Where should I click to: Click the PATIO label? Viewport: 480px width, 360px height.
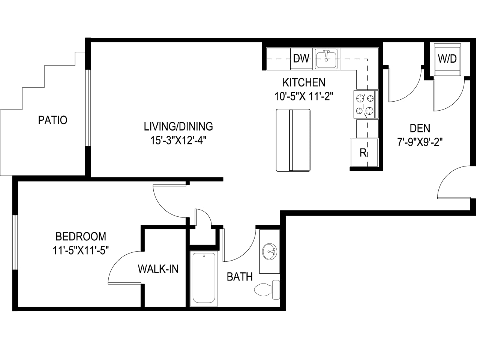[52, 120]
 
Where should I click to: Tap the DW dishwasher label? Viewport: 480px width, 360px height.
[301, 58]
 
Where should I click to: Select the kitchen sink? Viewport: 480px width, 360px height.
[326, 58]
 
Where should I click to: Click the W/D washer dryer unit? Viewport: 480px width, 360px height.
[447, 60]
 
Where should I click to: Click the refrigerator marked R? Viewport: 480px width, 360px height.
[364, 153]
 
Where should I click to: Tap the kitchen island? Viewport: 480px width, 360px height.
[293, 140]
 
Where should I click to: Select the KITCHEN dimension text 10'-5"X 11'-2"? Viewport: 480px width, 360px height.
[304, 96]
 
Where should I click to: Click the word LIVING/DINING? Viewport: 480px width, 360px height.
[178, 126]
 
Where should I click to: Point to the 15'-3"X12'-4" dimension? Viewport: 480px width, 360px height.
[178, 140]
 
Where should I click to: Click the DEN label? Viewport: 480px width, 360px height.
[420, 128]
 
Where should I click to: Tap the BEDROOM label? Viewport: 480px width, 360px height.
[81, 237]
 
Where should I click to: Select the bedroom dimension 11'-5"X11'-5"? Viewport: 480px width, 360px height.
[81, 250]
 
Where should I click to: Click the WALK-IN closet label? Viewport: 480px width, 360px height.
[158, 269]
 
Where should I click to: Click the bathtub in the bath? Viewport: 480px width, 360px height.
[204, 278]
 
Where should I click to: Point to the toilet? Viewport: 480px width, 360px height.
[267, 289]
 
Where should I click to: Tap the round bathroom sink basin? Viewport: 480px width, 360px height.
[270, 252]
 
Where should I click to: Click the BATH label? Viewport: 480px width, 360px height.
[240, 277]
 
